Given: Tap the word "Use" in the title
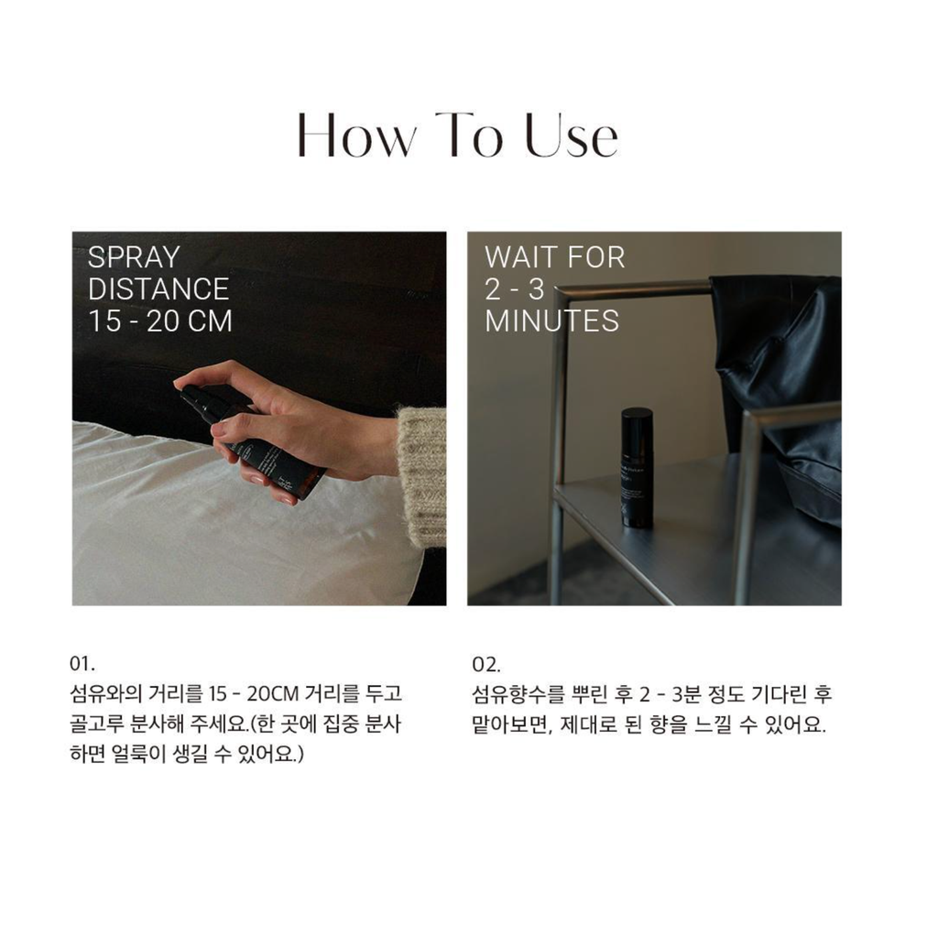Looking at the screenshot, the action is coord(572,136).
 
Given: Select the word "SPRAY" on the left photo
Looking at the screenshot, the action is coord(134,258).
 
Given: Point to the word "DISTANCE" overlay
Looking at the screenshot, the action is coord(158,289).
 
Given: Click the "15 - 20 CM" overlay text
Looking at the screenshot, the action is coord(159,321).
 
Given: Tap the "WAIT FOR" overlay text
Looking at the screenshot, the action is coord(554,258).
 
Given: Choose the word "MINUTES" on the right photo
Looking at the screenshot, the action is coord(551,321).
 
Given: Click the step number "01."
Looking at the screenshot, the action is coord(82,664).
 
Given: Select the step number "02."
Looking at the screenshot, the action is coord(486,664).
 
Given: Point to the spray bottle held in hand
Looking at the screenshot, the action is coord(255,440).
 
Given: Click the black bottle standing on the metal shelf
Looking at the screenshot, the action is coord(637,467).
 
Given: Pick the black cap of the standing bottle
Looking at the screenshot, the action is coord(637,415).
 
